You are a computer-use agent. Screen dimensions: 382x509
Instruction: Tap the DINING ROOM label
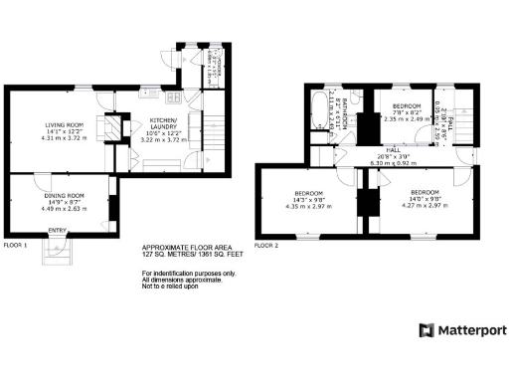pos(62,196)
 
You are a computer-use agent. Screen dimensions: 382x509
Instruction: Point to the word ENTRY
pos(58,231)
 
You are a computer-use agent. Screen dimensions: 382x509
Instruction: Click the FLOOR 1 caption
pos(15,244)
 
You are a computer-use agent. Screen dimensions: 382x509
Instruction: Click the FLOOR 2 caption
pos(266,244)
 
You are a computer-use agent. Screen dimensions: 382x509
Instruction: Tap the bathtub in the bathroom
pos(320,110)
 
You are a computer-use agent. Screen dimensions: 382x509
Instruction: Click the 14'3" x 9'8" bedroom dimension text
pos(303,199)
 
